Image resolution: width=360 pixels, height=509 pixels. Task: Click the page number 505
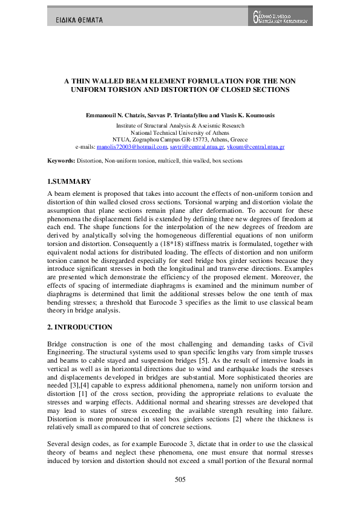tap(180, 479)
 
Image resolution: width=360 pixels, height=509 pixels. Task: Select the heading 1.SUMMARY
tap(69, 181)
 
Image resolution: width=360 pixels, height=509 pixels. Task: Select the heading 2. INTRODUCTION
tap(79, 327)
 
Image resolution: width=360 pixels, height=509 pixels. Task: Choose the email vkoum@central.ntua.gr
tap(257, 147)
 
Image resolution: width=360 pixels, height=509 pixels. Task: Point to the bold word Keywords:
tap(62, 161)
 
